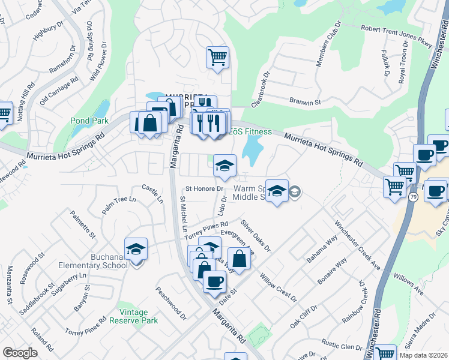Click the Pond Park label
coord(89,121)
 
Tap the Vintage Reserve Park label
coord(134,316)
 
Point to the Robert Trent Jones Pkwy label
coord(396,35)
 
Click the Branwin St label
coord(305,102)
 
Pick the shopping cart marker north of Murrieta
coord(217,58)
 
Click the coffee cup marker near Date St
coord(214,281)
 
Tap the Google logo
coord(20,353)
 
